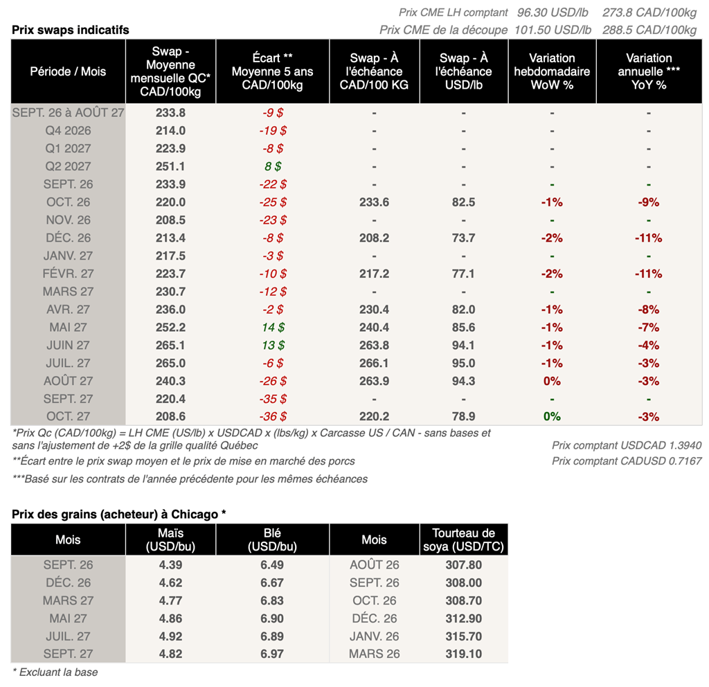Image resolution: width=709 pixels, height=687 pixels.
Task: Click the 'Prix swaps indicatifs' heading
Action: (70, 30)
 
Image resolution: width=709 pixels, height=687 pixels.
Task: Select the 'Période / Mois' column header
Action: (68, 71)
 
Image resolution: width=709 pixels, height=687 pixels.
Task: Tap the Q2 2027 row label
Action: (68, 166)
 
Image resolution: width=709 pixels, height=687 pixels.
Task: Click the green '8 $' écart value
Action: (273, 166)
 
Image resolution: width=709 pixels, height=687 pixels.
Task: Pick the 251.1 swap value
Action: (170, 166)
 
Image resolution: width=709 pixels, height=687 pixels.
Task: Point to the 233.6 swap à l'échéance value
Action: (374, 202)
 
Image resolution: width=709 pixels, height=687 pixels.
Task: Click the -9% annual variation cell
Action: (648, 202)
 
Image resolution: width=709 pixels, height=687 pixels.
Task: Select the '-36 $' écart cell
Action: (273, 416)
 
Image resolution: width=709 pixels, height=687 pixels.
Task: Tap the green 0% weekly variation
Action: (552, 416)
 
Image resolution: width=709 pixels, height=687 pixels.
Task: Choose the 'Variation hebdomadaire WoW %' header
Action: (552, 71)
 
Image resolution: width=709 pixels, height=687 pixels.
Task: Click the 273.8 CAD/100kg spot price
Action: (649, 12)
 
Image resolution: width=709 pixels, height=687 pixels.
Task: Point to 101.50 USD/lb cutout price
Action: (553, 30)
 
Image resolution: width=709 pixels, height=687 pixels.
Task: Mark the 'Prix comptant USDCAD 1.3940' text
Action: (627, 445)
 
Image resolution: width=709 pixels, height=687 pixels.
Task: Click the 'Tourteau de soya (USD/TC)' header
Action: (463, 539)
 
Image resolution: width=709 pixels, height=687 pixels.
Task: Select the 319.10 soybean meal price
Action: (463, 654)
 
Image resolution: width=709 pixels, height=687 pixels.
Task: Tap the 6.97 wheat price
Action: (272, 654)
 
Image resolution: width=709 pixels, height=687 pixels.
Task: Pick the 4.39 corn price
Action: (170, 565)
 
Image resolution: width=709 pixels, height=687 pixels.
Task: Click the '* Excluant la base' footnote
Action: (55, 672)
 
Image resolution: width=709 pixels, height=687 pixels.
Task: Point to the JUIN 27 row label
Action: (68, 345)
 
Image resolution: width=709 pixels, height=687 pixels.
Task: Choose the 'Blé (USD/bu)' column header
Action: (272, 539)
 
